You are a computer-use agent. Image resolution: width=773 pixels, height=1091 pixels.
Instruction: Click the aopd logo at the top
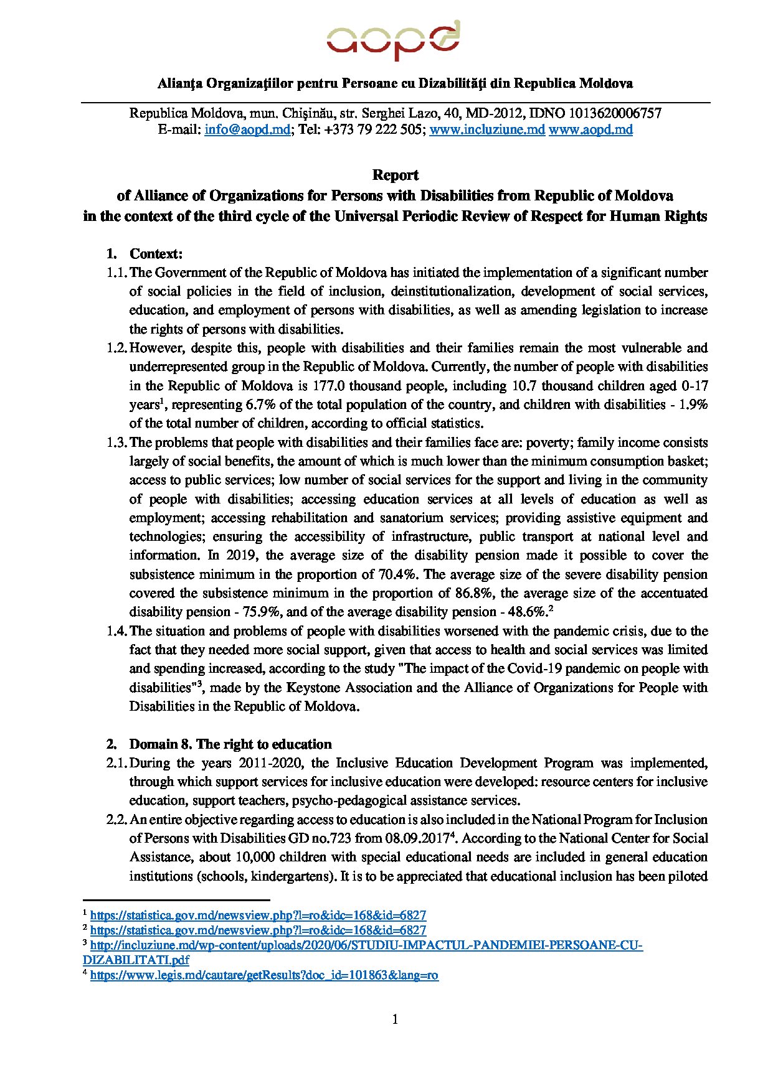coord(394,41)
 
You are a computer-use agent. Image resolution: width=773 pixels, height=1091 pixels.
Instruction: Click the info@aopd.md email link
coord(247,129)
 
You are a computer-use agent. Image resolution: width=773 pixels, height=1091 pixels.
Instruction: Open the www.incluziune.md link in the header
coord(487,129)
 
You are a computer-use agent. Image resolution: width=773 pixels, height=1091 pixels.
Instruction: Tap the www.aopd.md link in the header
coord(590,129)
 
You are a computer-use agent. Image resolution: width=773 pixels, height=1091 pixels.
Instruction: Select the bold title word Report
coord(395,175)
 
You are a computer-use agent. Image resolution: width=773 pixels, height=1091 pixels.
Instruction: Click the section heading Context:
coord(156,254)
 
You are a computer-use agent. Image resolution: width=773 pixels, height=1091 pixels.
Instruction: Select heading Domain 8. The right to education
coord(230,744)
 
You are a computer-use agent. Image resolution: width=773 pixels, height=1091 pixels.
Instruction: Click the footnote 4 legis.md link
coord(264,975)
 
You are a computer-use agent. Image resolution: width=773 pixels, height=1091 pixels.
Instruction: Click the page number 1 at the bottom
coord(395,1019)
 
